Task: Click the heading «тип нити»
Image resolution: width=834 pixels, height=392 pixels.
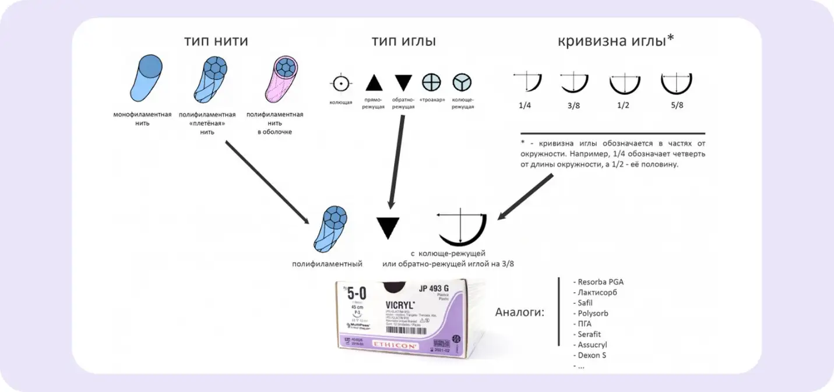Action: coord(216,41)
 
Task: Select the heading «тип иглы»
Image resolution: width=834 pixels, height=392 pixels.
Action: coord(403,41)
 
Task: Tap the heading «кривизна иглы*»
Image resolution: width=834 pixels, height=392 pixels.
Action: coord(616,41)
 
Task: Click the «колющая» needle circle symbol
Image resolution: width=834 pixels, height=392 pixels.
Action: coord(341,83)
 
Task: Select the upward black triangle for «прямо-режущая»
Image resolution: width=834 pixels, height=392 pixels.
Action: coord(374,83)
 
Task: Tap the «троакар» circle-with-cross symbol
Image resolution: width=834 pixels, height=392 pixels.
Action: coord(431,83)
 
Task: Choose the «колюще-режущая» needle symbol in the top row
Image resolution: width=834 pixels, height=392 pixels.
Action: coord(462,83)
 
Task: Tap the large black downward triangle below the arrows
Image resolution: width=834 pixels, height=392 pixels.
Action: coord(389,228)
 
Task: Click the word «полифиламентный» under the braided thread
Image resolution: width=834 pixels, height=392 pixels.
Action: coord(327,264)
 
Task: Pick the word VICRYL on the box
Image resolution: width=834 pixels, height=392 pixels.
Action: coord(399,305)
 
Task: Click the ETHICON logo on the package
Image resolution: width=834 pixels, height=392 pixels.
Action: coord(395,345)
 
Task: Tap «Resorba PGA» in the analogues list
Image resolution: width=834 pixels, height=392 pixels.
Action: coord(599,282)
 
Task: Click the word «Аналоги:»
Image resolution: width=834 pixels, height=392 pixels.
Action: coord(519,312)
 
